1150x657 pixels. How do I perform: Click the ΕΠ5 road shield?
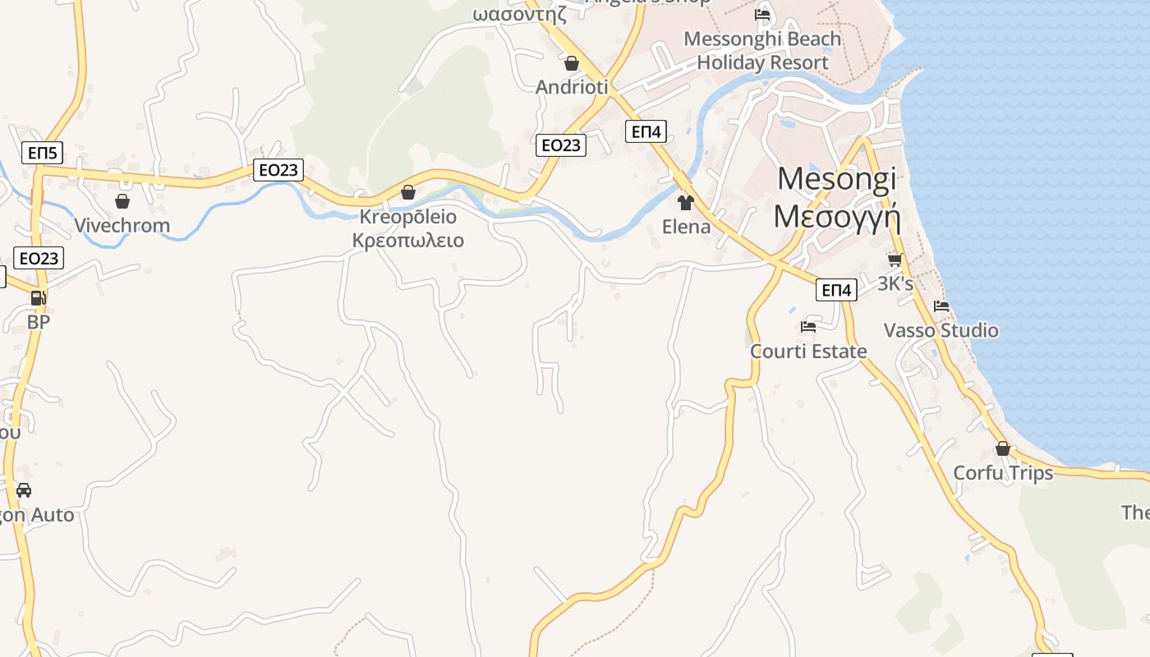43,153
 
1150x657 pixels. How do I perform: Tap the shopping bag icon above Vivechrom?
122,201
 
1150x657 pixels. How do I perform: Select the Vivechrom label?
122,225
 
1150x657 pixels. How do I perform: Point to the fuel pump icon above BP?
38,298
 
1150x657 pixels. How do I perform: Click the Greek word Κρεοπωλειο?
408,241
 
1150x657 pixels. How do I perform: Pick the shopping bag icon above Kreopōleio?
408,192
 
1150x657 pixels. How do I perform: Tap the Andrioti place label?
572,87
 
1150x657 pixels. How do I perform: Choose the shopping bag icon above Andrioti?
572,63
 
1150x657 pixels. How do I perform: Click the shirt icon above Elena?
686,202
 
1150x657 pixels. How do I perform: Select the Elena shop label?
686,227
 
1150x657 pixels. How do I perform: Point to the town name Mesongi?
837,178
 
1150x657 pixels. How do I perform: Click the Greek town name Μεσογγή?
837,216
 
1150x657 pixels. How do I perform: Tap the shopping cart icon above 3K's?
895,260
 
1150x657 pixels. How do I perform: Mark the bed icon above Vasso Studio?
941,306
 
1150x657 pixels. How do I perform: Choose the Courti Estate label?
808,351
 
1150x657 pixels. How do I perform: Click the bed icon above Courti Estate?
808,327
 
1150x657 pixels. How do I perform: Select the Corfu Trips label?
1003,473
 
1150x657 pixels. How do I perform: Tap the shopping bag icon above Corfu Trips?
1003,448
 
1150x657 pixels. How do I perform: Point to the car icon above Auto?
24,490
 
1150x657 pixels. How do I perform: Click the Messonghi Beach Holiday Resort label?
762,51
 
